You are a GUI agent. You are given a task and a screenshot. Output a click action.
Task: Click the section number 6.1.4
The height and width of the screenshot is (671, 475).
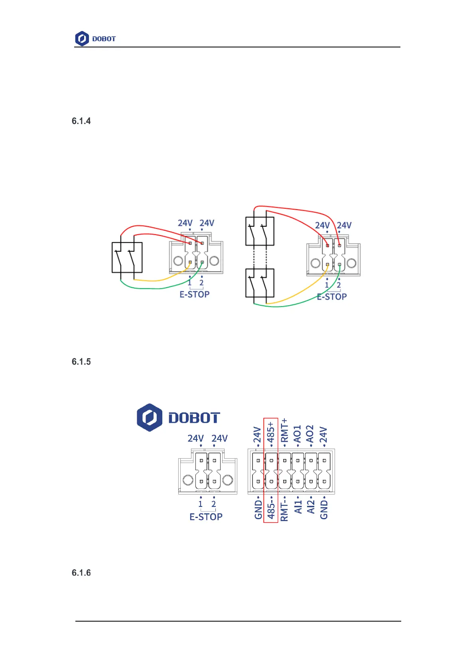(x=81, y=121)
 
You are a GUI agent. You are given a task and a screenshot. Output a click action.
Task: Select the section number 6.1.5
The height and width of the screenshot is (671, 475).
(x=81, y=362)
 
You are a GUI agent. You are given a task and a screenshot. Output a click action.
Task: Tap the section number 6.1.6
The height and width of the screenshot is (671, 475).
(x=81, y=573)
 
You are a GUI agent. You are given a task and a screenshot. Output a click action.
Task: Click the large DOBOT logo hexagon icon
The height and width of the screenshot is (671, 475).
(x=150, y=418)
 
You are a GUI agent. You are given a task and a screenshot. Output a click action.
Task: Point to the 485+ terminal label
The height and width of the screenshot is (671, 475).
(x=271, y=432)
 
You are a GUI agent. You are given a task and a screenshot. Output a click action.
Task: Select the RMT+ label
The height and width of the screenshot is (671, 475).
(x=284, y=430)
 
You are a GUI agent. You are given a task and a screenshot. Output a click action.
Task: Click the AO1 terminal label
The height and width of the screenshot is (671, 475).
(x=297, y=434)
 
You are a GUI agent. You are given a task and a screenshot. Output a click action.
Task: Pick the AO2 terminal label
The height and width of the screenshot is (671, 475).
(x=310, y=434)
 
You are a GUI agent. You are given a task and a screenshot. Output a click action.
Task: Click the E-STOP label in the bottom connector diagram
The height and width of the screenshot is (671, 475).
(x=206, y=517)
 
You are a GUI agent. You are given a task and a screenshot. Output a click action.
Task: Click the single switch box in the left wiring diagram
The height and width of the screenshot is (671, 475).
(x=127, y=257)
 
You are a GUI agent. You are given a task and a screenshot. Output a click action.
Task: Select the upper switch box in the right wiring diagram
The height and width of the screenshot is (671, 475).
(x=260, y=231)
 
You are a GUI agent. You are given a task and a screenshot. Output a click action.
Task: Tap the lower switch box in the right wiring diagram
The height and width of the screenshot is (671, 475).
(x=260, y=283)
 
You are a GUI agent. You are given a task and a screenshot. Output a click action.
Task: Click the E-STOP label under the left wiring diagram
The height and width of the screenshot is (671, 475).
(x=194, y=294)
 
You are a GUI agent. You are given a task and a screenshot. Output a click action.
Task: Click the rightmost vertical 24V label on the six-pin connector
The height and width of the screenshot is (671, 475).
(x=323, y=435)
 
